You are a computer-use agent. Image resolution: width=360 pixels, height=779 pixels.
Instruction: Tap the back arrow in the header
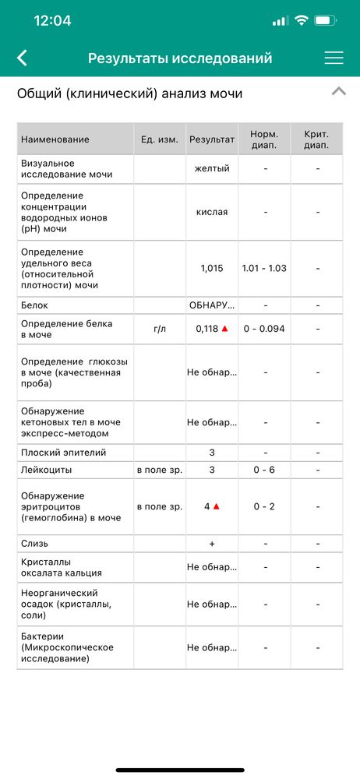(22, 58)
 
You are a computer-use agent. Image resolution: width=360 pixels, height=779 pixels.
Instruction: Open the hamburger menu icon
(334, 58)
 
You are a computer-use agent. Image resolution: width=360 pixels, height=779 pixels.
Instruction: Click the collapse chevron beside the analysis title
(338, 92)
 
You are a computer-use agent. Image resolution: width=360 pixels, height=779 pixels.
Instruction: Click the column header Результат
(212, 139)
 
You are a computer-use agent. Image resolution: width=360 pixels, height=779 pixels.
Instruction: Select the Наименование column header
(55, 139)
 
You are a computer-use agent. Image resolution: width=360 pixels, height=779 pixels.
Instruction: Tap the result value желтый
(212, 168)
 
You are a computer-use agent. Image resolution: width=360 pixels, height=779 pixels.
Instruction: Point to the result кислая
(212, 212)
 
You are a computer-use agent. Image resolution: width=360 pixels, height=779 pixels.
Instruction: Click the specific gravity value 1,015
(212, 268)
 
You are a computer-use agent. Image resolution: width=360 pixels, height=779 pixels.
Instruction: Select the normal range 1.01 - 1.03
(264, 268)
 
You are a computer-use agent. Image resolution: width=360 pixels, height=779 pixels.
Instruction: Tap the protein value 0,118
(207, 329)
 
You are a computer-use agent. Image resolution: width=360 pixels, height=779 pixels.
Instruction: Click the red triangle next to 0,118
(225, 329)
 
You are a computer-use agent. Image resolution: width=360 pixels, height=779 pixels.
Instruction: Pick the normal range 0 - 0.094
(264, 329)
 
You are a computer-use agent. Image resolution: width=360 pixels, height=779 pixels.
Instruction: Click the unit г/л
(160, 329)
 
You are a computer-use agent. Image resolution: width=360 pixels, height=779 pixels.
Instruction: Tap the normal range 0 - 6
(264, 470)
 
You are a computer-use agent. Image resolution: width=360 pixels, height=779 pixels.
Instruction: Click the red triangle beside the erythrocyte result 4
(217, 506)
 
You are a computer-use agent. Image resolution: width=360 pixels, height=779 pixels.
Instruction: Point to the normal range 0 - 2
(264, 506)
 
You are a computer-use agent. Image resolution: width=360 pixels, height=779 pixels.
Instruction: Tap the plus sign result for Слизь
(212, 544)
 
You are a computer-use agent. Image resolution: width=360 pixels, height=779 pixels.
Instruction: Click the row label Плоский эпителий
(64, 453)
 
